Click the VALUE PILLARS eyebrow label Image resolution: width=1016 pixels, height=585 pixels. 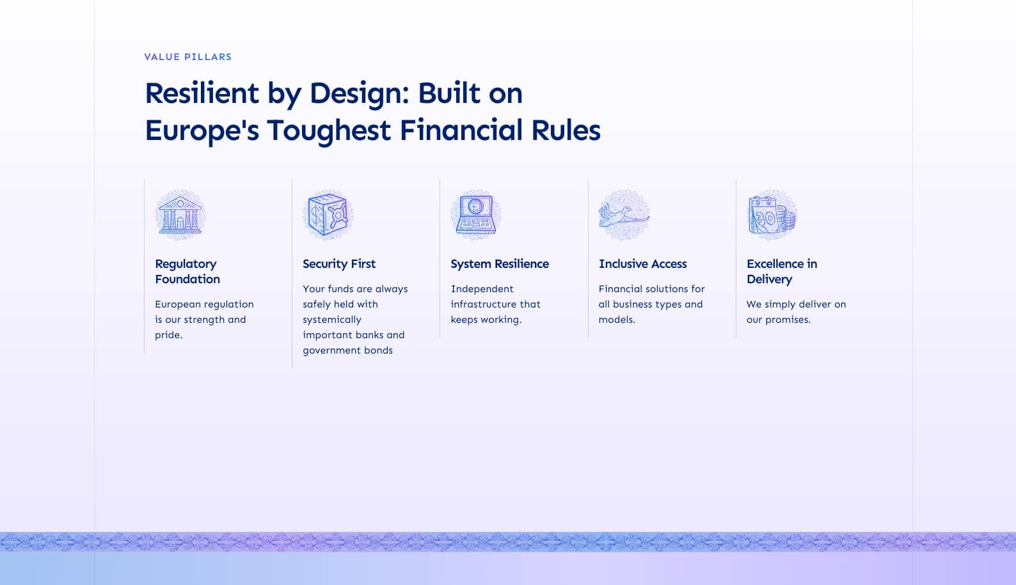pyautogui.click(x=187, y=57)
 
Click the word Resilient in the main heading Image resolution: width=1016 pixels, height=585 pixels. pyautogui.click(x=202, y=93)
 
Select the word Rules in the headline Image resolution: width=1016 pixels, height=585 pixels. pyautogui.click(x=566, y=130)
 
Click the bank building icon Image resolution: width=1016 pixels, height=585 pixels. pyautogui.click(x=180, y=215)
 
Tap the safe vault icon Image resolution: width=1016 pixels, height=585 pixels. pyautogui.click(x=328, y=215)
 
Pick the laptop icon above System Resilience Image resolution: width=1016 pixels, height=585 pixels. pyautogui.click(x=476, y=215)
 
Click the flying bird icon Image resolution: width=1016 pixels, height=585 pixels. pyautogui.click(x=624, y=215)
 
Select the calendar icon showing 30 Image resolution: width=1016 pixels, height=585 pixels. pyautogui.click(x=772, y=215)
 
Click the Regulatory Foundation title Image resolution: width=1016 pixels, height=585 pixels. pyautogui.click(x=187, y=272)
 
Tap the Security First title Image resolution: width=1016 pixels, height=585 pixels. pyautogui.click(x=339, y=263)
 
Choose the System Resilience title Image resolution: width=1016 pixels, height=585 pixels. pyautogui.click(x=500, y=263)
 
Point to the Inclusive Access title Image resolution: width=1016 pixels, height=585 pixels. pyautogui.click(x=642, y=263)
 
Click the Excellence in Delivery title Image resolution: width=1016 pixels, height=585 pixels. pyautogui.click(x=781, y=272)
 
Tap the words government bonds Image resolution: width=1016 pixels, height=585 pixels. pyautogui.click(x=347, y=350)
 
